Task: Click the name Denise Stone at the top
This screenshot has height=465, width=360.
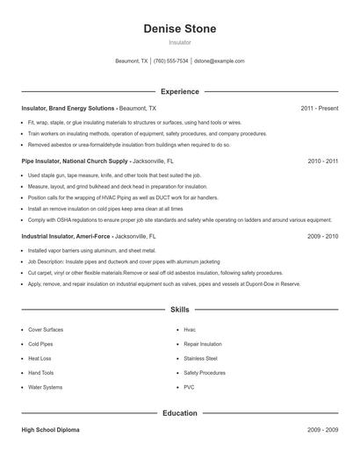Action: coord(179,29)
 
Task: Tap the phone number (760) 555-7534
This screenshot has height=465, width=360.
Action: coord(170,61)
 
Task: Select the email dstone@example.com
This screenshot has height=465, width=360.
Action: coord(220,61)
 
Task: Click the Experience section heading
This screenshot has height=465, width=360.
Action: coord(179,91)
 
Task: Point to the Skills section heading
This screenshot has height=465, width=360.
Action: coord(179,310)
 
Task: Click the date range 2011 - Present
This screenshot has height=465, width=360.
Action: coord(319,108)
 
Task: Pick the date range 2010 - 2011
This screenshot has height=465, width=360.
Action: coord(323,161)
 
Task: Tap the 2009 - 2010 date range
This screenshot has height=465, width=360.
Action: coord(323,237)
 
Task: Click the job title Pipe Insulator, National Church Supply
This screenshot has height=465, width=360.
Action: coord(76,161)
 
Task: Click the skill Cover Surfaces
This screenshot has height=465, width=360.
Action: coord(46,329)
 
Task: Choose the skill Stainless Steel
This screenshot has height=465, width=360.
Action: coord(201,358)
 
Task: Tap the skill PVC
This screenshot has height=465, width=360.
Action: coord(189,387)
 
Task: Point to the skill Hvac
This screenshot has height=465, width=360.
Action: coord(190,329)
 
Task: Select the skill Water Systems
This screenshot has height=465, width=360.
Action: coord(46,387)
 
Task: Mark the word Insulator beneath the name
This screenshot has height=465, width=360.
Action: coord(179,42)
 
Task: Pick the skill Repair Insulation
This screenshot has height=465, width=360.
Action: coord(203,344)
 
